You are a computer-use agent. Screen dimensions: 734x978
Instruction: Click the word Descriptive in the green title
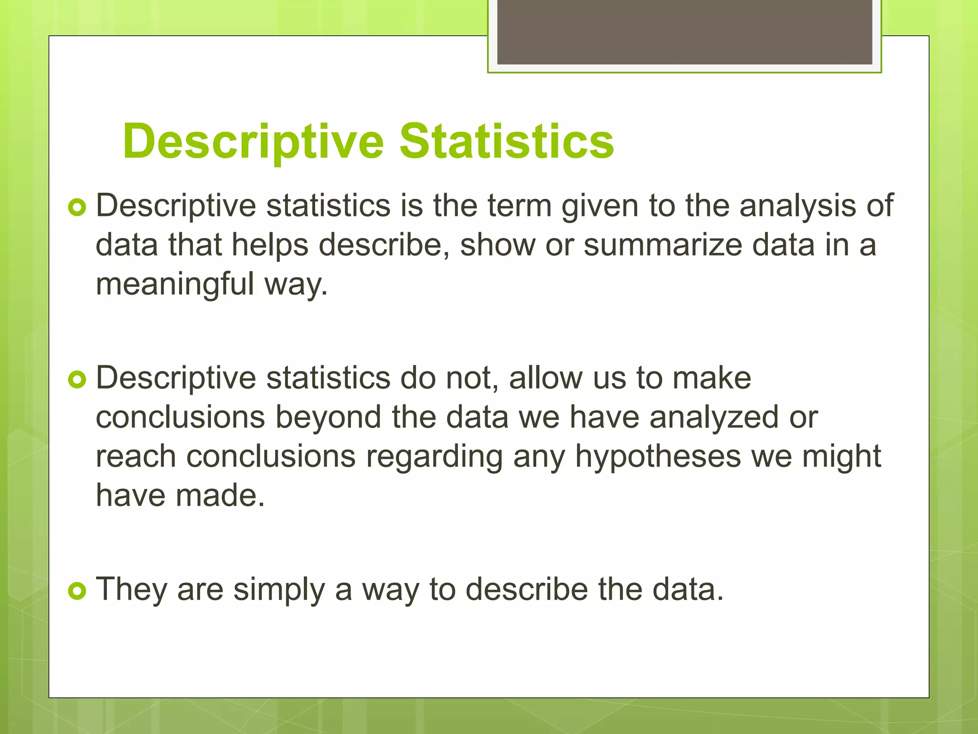pos(253,142)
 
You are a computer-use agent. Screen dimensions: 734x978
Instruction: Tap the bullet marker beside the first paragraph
pos(77,207)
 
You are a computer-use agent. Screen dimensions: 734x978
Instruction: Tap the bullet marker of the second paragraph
pos(77,380)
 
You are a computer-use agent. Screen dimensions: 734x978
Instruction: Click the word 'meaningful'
pos(175,284)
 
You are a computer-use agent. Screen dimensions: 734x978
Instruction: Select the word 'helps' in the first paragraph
pos(270,245)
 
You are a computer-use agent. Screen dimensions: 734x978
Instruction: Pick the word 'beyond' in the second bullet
pos(329,418)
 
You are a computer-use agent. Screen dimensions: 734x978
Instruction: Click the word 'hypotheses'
pos(658,457)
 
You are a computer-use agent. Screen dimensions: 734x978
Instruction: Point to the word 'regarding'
pos(434,457)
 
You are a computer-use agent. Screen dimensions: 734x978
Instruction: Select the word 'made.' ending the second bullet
pos(220,495)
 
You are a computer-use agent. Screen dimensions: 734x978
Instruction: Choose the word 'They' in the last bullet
pos(131,590)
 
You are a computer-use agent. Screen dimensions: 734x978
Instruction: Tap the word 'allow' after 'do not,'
pos(545,378)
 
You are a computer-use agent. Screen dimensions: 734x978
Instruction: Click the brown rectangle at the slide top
pos(684,32)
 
